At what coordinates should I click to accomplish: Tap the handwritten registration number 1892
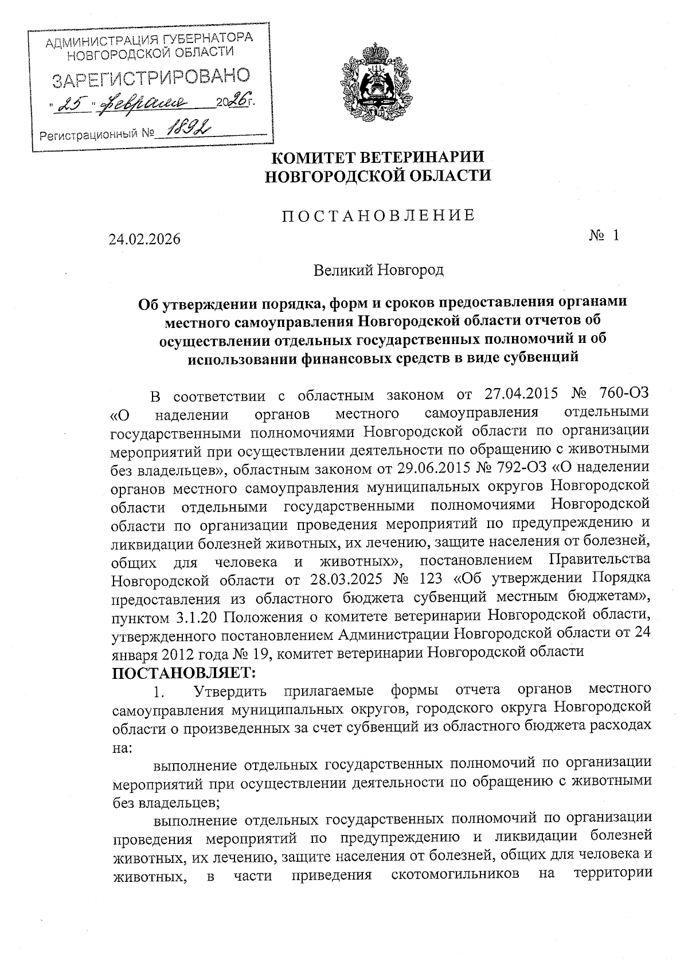click(183, 132)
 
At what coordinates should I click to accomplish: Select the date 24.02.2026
click(144, 239)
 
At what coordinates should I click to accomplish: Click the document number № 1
click(604, 235)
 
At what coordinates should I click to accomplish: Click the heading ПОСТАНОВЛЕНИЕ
click(378, 215)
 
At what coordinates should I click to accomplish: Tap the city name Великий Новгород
click(378, 269)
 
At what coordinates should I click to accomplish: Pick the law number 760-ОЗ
click(623, 395)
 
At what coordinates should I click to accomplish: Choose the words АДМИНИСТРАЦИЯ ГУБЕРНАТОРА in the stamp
click(148, 41)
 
